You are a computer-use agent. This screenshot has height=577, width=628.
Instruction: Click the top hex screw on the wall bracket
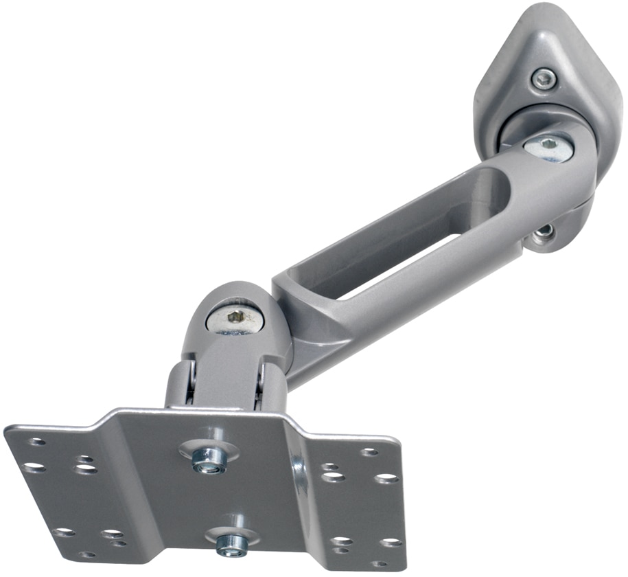click(x=544, y=79)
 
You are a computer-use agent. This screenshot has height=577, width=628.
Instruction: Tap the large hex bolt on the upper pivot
click(x=548, y=147)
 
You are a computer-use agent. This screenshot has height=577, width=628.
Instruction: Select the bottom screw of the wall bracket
click(x=544, y=231)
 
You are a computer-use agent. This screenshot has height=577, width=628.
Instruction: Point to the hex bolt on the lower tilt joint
click(x=236, y=319)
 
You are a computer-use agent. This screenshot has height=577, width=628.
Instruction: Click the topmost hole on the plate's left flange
click(x=37, y=442)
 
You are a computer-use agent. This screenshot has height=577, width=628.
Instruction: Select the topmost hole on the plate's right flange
click(x=369, y=452)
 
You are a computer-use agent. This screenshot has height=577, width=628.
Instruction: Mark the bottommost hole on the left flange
click(x=87, y=554)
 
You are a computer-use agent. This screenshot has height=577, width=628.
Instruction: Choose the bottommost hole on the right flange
click(x=379, y=564)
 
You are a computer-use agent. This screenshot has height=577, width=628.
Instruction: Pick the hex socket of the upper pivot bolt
click(x=549, y=146)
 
